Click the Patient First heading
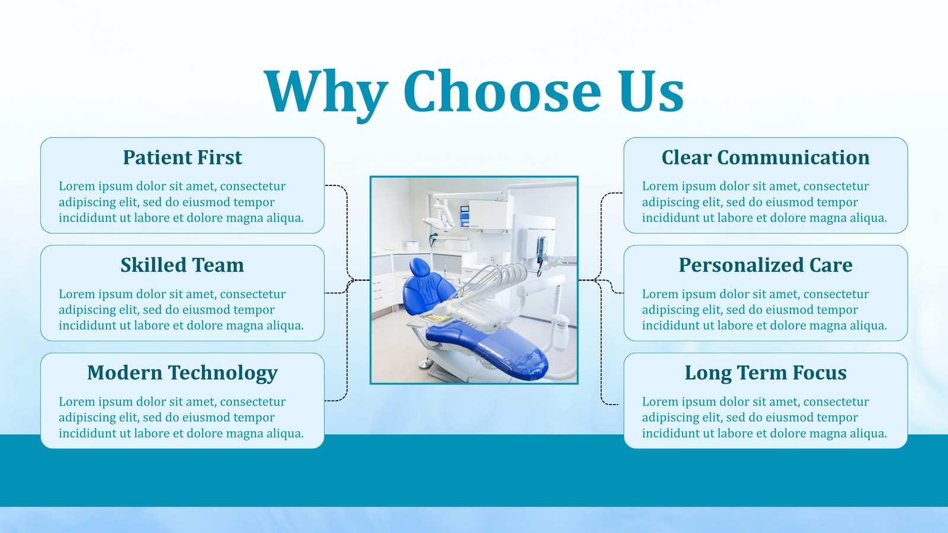pyautogui.click(x=182, y=158)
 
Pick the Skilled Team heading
pyautogui.click(x=182, y=265)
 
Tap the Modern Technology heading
pyautogui.click(x=182, y=374)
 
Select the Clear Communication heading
pyautogui.click(x=766, y=158)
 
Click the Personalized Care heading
pyautogui.click(x=766, y=265)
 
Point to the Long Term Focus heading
pyautogui.click(x=766, y=374)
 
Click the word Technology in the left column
pyautogui.click(x=223, y=374)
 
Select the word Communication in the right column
pyautogui.click(x=793, y=158)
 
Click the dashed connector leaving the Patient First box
pyautogui.click(x=347, y=233)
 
